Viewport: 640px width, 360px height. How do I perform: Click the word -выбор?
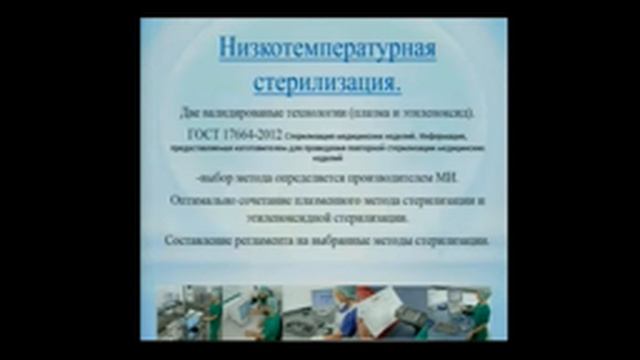(x=215, y=179)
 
